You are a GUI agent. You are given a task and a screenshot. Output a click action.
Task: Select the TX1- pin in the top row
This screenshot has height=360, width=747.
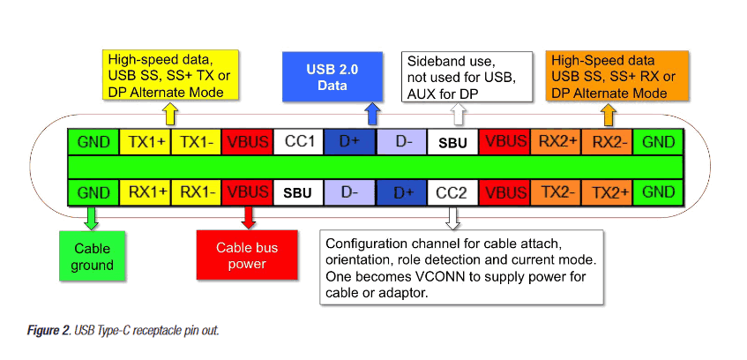(x=196, y=141)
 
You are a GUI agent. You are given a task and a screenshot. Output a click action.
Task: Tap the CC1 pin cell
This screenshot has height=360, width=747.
(x=299, y=141)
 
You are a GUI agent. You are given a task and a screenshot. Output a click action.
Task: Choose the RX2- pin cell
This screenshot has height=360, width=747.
(x=607, y=141)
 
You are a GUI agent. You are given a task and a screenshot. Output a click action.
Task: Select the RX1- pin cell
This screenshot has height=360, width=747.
(x=196, y=191)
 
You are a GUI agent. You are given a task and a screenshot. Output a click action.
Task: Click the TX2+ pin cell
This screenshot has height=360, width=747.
(x=607, y=191)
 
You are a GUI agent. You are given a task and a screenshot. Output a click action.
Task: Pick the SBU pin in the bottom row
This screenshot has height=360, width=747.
(x=299, y=191)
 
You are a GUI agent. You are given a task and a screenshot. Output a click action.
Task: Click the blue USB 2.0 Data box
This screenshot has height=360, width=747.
(x=332, y=78)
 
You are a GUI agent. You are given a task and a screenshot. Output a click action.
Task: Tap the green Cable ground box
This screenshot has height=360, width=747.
(x=93, y=257)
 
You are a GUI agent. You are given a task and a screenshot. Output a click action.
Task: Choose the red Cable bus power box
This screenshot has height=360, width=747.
(x=248, y=257)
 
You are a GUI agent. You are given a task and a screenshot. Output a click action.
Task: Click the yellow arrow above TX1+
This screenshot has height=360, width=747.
(x=170, y=114)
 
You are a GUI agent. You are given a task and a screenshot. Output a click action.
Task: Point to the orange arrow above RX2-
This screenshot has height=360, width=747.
(x=608, y=114)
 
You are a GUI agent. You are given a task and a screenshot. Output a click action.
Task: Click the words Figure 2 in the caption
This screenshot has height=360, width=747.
(x=47, y=330)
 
